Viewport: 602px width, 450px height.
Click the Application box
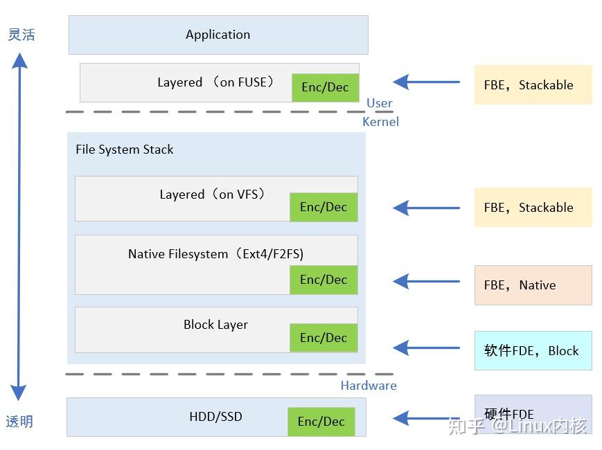coord(218,35)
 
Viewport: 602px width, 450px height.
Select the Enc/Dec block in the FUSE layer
coord(325,87)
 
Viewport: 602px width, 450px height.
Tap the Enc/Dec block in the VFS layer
coord(324,207)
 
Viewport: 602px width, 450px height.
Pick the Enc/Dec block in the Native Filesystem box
coord(324,280)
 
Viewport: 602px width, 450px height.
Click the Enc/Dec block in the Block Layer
coord(324,338)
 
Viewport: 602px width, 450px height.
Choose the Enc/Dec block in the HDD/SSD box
coord(321,422)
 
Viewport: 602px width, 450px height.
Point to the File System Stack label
coord(125,150)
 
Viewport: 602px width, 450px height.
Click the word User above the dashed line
coord(379,103)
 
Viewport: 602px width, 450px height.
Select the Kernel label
coord(380,122)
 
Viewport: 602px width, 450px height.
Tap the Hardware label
coord(369,386)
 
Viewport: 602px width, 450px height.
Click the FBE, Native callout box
coord(533,285)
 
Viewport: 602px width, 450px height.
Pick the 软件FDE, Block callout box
coord(533,350)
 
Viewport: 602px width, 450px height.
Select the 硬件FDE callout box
coord(533,414)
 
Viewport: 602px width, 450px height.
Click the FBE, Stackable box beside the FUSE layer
coord(533,85)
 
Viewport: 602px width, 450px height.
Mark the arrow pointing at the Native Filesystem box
coord(426,281)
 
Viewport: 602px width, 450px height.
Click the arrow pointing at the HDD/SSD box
coord(426,418)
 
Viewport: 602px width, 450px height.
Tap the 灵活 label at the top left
coord(21,35)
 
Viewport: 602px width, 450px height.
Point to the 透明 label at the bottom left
coord(19,422)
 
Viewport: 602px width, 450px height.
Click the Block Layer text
coord(215,325)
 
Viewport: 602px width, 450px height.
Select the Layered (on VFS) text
coord(213,195)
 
